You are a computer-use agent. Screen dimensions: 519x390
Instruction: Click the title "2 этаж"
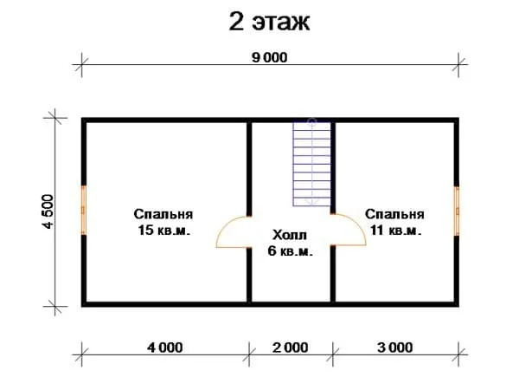(269, 23)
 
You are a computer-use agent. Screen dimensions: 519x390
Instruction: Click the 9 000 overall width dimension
(269, 57)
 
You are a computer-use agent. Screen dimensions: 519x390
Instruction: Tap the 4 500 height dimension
(48, 211)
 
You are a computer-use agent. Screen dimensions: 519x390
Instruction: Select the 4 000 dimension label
(165, 348)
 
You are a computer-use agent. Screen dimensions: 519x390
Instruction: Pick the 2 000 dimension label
(291, 348)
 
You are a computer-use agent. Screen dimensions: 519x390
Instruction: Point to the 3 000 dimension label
(395, 348)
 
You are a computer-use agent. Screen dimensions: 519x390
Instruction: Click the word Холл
(290, 235)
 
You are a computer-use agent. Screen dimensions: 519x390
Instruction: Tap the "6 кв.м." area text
(290, 251)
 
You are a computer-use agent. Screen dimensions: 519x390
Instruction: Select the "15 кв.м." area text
(163, 230)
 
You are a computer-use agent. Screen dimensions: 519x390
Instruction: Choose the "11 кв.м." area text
(395, 230)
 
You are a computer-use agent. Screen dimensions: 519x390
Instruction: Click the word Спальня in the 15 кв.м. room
(163, 214)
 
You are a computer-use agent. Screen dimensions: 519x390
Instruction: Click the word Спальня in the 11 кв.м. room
(394, 214)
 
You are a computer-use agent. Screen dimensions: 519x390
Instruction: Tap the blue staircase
(311, 164)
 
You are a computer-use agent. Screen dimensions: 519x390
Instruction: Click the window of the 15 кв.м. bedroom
(84, 211)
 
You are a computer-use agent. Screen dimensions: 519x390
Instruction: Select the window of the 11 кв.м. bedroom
(457, 211)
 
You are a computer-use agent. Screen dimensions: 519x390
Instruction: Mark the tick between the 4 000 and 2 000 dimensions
(249, 354)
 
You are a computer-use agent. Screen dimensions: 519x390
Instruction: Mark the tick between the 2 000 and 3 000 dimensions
(333, 354)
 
